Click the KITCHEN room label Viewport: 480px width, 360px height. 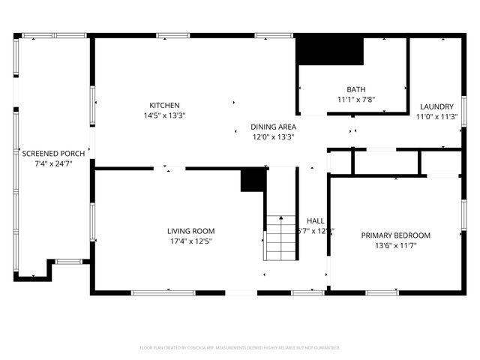pos(164,105)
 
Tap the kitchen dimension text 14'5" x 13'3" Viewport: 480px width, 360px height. pos(164,115)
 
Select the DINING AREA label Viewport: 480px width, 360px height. pos(273,127)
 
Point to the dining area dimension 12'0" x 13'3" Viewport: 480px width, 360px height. pos(273,137)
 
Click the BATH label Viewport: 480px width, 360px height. pos(355,89)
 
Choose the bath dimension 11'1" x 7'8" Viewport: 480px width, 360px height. pos(355,100)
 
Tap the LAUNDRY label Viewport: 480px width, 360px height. pos(436,106)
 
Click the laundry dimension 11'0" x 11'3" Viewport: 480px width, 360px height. pos(436,116)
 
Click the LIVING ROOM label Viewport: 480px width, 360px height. pos(190,231)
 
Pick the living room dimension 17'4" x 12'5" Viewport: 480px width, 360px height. pos(190,241)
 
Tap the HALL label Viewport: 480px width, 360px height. pos(315,220)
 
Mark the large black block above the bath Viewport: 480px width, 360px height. pos(330,52)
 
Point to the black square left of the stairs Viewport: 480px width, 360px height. pos(253,180)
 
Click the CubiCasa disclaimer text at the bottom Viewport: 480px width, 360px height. pos(240,348)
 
